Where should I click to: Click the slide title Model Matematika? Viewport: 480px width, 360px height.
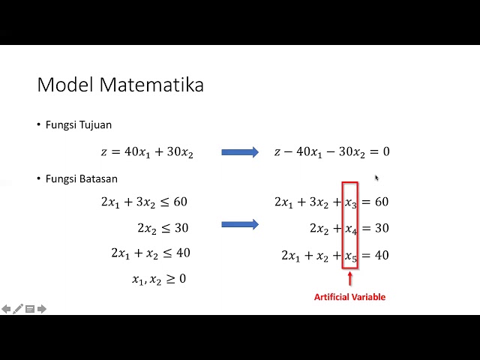coord(120,85)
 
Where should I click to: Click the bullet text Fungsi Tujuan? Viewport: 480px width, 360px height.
coord(79,125)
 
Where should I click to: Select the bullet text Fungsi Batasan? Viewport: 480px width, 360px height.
coord(81,179)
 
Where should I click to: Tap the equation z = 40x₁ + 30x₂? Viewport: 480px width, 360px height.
coord(147,152)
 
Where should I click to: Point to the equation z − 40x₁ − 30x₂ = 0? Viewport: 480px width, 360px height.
coord(331,152)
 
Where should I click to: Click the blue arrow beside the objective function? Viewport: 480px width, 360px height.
coord(239,152)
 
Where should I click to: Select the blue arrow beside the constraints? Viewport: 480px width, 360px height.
coord(239,224)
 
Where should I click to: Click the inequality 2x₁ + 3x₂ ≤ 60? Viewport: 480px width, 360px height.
coord(144,202)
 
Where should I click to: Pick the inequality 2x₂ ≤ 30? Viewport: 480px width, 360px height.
coord(162,228)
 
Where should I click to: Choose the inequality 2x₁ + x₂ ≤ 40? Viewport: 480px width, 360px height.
coord(150,253)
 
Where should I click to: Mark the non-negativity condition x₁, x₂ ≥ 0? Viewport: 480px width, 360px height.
coord(159,279)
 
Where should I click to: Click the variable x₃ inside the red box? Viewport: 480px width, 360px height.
coord(351,202)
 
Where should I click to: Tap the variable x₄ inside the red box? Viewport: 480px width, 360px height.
coord(351,229)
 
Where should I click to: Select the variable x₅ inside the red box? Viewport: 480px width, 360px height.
coord(351,256)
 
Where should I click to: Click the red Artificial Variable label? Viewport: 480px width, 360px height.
coord(349,297)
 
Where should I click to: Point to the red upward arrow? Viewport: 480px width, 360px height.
coord(349,279)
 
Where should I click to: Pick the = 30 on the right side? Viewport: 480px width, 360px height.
coord(374,228)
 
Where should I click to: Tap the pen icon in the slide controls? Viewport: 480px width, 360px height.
coord(18,309)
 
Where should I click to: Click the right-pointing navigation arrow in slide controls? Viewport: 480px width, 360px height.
coord(42,309)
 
